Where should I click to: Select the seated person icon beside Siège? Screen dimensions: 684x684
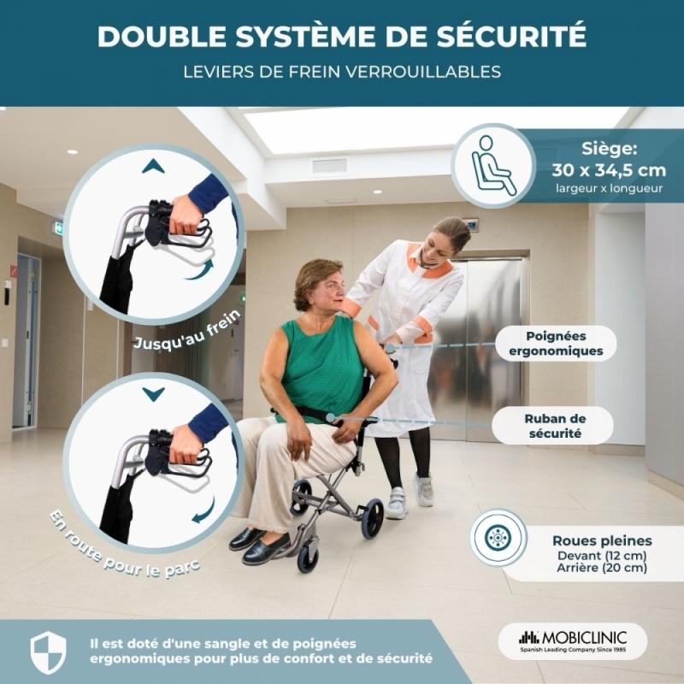pyautogui.click(x=494, y=166)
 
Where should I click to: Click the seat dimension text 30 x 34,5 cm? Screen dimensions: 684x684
pyautogui.click(x=609, y=169)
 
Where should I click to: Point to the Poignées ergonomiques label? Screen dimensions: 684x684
pyautogui.click(x=556, y=344)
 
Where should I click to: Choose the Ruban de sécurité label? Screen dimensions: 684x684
pyautogui.click(x=555, y=426)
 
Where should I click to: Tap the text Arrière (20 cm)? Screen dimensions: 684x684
pyautogui.click(x=602, y=568)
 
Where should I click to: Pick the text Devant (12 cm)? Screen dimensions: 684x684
pyautogui.click(x=602, y=555)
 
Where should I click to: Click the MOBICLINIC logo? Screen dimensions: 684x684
pyautogui.click(x=573, y=640)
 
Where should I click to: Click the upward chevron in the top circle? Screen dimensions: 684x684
pyautogui.click(x=153, y=166)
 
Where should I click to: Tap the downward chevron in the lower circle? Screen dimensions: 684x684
pyautogui.click(x=153, y=394)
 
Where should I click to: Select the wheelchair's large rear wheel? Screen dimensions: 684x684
pyautogui.click(x=372, y=518)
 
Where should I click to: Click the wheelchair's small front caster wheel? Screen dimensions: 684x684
pyautogui.click(x=308, y=559)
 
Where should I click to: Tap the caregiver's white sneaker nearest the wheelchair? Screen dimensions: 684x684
pyautogui.click(x=397, y=503)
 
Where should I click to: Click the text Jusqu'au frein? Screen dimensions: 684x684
pyautogui.click(x=187, y=331)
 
